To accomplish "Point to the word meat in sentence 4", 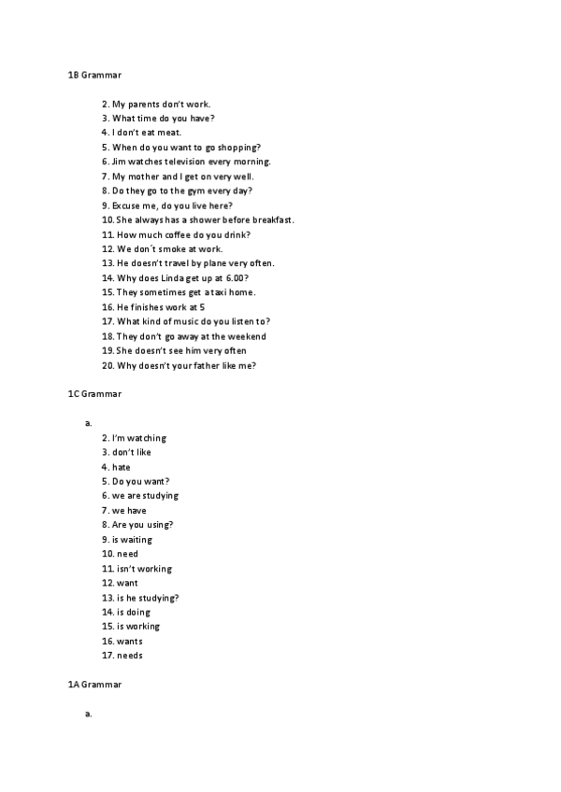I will [x=169, y=133].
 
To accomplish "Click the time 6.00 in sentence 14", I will [x=237, y=278].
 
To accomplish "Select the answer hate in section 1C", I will [x=122, y=467].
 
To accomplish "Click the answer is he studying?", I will [x=149, y=598].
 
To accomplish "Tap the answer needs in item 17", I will [x=130, y=656].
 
